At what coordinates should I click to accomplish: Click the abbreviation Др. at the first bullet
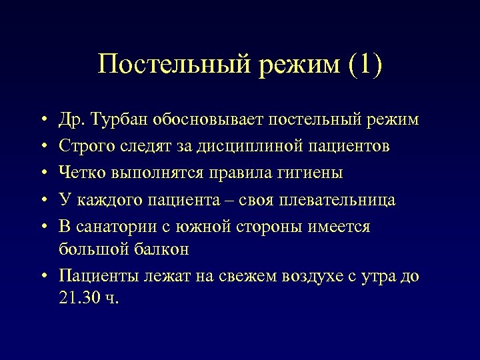coord(69,120)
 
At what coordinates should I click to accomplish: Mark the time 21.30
coord(79,297)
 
